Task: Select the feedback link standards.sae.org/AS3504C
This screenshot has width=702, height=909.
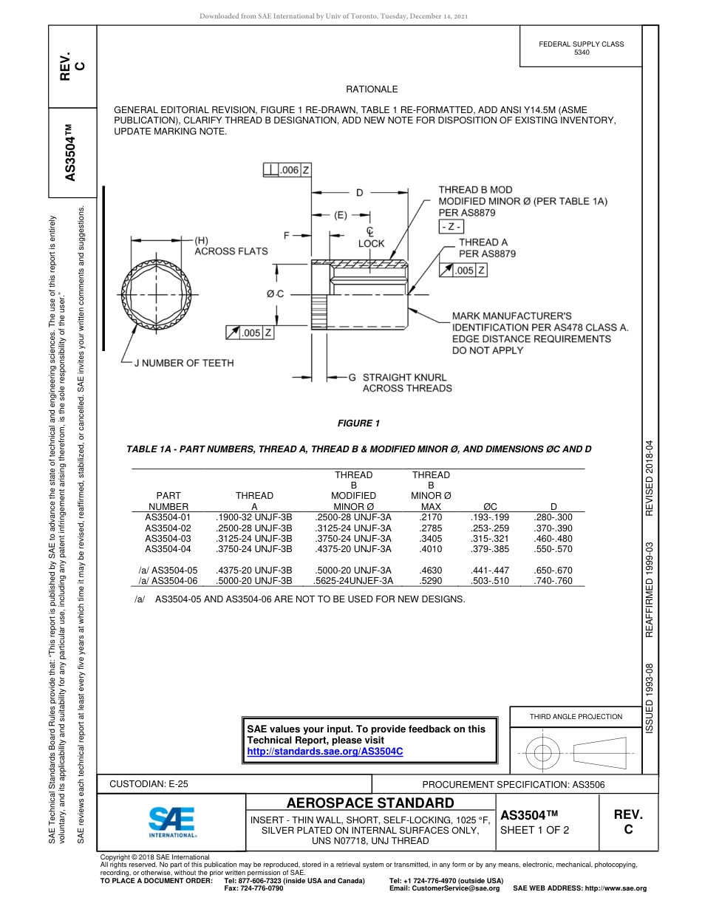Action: [x=324, y=751]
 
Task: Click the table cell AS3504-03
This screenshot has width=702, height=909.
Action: [x=168, y=539]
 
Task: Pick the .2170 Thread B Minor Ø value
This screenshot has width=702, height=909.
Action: [x=430, y=517]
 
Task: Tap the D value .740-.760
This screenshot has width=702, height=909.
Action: [x=553, y=581]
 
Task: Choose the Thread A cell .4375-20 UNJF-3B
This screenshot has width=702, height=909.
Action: [x=253, y=571]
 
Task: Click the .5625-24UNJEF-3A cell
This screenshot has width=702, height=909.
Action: [x=353, y=581]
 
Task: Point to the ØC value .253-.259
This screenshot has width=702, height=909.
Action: [x=490, y=528]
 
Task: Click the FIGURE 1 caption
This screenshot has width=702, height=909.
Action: [x=358, y=423]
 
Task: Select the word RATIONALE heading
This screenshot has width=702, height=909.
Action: [x=372, y=89]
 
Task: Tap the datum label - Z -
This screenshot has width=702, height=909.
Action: [x=451, y=227]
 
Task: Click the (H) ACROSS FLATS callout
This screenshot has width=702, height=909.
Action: [x=230, y=246]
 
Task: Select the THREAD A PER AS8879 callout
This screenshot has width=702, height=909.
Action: [x=486, y=248]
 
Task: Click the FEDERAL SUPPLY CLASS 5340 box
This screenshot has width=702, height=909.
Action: [x=581, y=48]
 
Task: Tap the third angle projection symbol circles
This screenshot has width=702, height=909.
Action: [x=543, y=754]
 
